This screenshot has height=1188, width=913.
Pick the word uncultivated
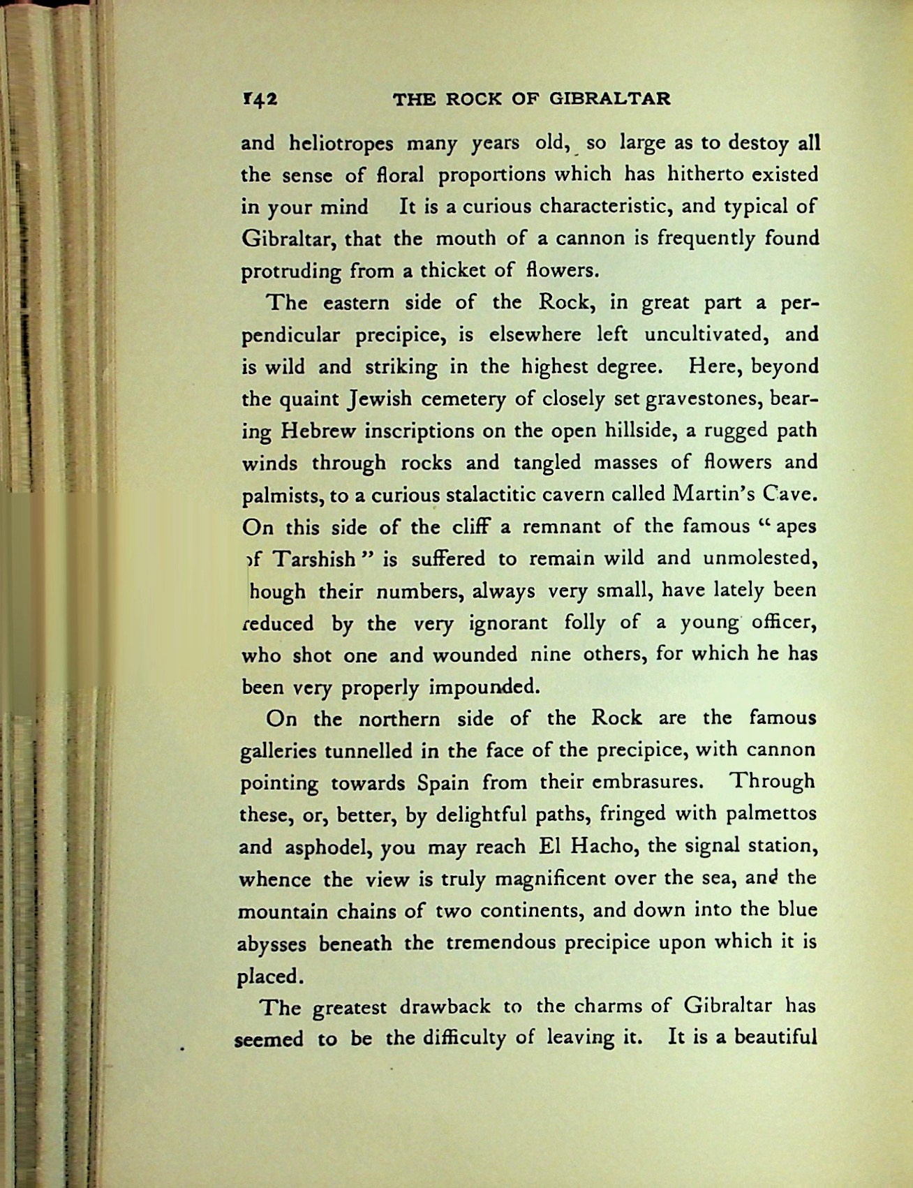707,334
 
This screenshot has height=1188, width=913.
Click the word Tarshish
314,560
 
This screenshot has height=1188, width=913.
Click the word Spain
443,782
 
